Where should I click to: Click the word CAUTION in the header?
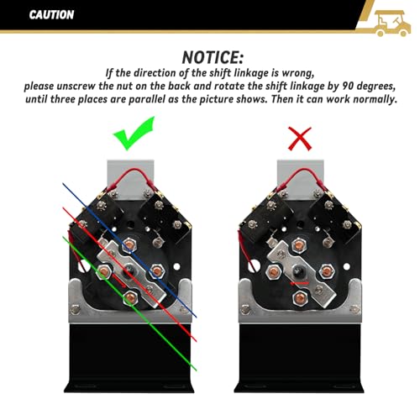51,14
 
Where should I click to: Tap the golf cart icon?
392,24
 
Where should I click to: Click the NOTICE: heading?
213,57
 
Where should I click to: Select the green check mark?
134,133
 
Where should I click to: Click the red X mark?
300,139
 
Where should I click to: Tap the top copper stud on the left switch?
129,244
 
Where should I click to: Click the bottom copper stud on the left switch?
129,297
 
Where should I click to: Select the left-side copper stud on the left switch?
103,271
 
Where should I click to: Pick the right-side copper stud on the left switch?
157,270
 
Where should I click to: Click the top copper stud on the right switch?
299,244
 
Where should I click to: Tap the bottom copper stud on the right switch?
300,297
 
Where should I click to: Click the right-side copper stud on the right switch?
327,270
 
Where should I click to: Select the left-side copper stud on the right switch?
273,271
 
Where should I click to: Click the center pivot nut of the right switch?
297,270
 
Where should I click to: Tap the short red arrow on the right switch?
300,283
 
